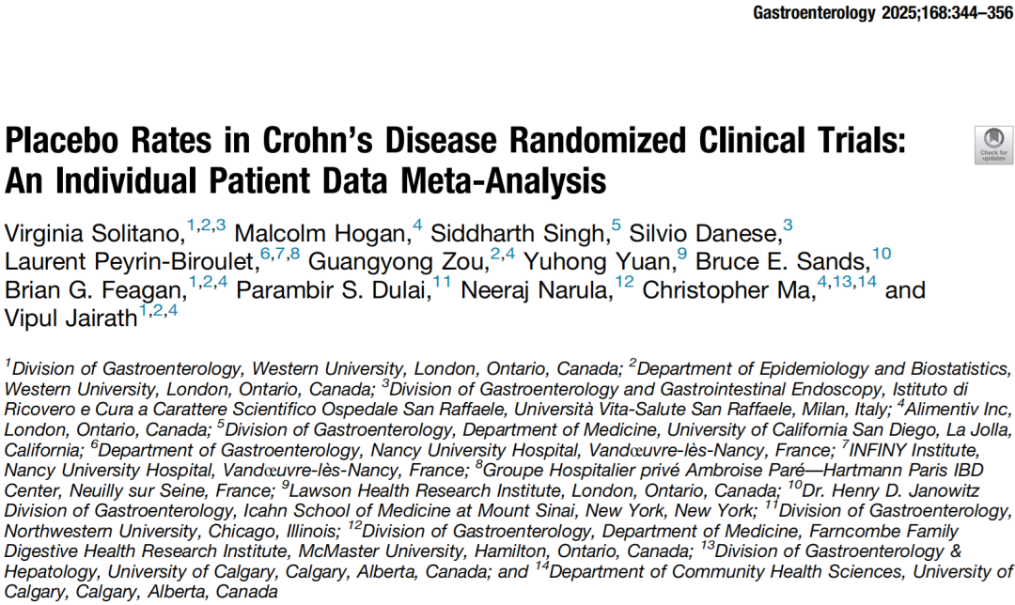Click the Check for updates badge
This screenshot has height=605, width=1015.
click(992, 145)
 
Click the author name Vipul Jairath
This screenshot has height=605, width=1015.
click(70, 320)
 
